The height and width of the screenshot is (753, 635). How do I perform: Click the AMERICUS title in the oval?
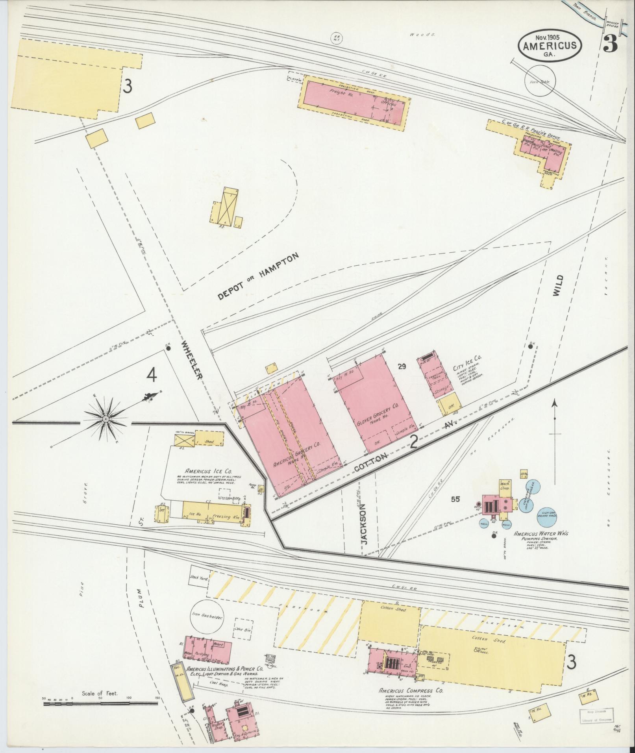550,45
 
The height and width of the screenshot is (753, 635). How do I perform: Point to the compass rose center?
106,420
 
